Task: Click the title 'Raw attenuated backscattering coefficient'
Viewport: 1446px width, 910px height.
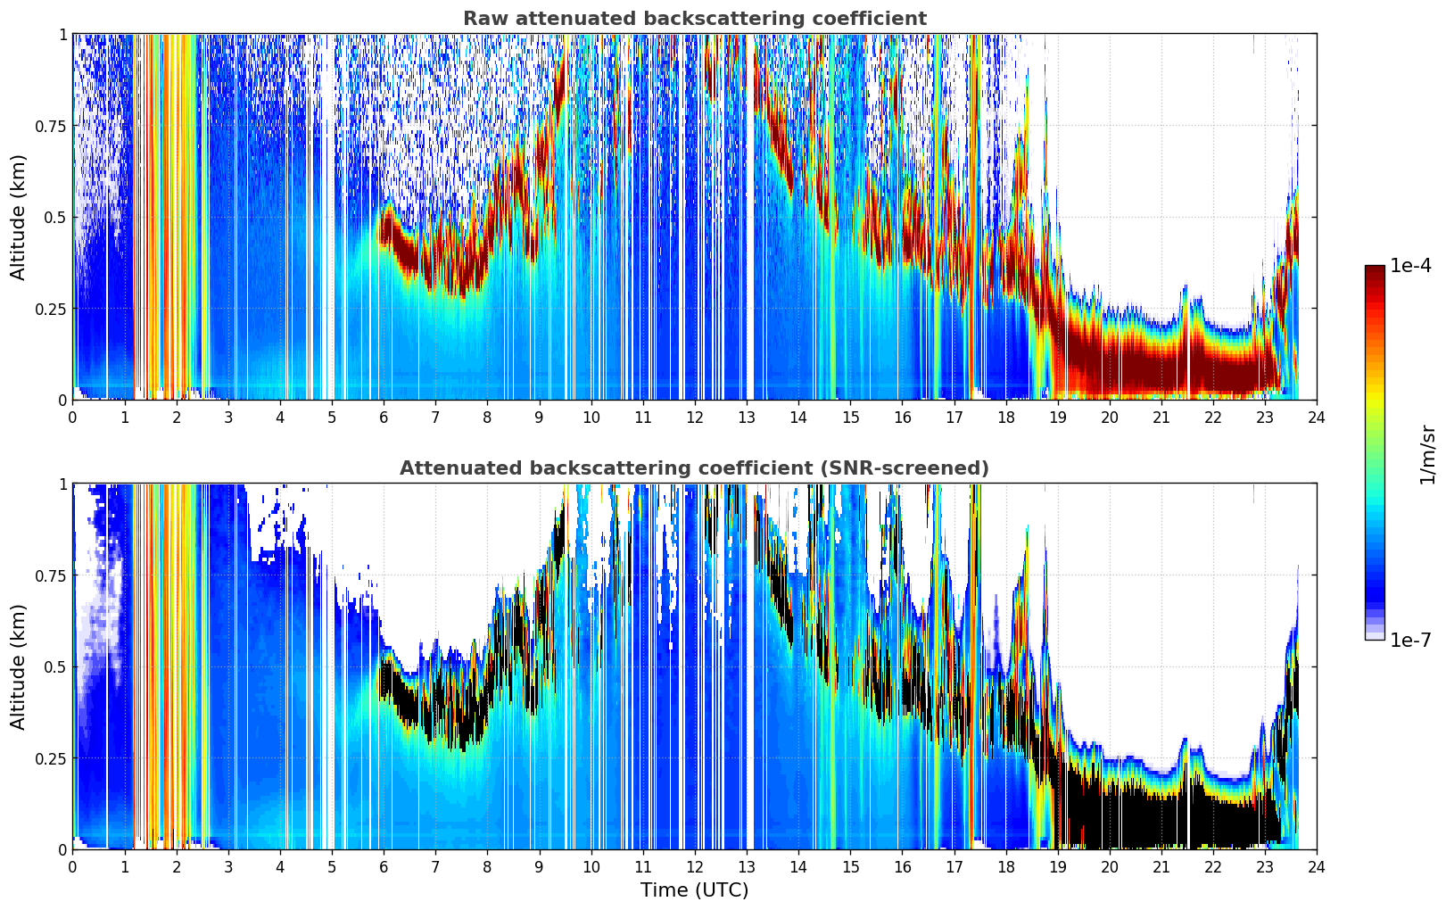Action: pos(695,18)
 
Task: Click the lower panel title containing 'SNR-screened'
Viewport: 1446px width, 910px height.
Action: pos(694,467)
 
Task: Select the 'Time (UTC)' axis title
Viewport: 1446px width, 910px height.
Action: pos(695,890)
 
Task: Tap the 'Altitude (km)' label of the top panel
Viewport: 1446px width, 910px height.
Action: pos(18,217)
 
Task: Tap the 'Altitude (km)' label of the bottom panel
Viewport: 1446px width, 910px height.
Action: pos(18,666)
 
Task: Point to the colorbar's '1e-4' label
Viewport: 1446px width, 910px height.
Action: pos(1410,265)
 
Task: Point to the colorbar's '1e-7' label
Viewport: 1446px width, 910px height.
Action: pos(1410,641)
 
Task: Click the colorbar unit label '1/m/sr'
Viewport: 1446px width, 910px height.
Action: pos(1427,454)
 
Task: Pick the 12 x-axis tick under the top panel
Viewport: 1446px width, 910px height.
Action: pos(695,418)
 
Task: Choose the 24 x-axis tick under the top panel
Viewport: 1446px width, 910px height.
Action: pos(1317,418)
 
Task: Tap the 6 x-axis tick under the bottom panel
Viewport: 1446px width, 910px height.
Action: pos(384,867)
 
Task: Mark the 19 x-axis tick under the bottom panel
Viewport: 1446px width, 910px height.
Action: pos(1057,867)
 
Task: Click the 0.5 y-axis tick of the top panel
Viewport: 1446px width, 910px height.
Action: pos(55,218)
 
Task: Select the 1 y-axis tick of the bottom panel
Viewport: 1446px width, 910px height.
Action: pos(63,484)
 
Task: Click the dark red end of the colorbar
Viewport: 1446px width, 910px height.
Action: pos(1375,271)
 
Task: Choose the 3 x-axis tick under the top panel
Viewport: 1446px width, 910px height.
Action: pos(227,418)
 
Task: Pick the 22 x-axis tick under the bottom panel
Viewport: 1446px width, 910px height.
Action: pos(1213,867)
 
